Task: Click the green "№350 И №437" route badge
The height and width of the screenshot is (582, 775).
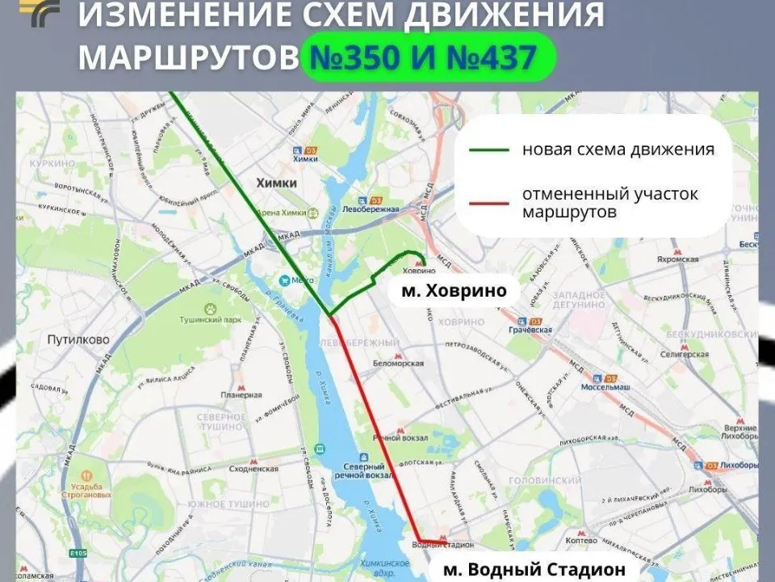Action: [x=427, y=57]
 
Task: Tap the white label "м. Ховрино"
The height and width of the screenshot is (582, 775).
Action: [x=454, y=290]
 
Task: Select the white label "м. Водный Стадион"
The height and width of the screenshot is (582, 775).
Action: [x=534, y=569]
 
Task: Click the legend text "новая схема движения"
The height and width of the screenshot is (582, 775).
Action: [x=618, y=150]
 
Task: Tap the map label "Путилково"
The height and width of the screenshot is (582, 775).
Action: [x=77, y=339]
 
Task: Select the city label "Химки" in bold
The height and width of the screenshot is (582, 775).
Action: [x=276, y=183]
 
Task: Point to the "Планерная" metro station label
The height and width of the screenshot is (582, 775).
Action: [x=242, y=394]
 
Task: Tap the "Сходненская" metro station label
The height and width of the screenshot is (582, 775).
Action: [x=253, y=468]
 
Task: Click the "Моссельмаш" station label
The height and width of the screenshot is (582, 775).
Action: [x=605, y=386]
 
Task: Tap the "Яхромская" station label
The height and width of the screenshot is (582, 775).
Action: [x=677, y=259]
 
